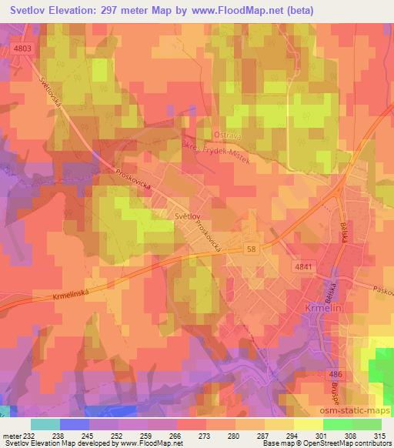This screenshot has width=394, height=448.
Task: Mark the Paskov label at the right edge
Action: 382,289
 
